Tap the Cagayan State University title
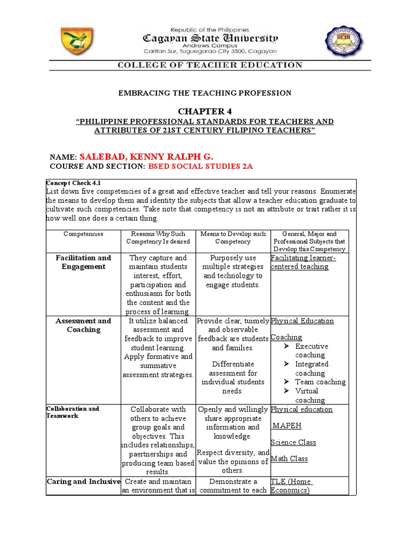pos(209,38)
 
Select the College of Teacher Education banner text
pos(210,65)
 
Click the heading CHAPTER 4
pos(205,111)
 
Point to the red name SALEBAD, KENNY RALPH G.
pos(146,157)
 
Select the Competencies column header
pos(83,234)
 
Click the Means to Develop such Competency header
pos(233,238)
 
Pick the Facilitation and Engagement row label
pos(83,262)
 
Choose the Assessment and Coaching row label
pos(83,325)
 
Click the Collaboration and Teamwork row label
pos(73,412)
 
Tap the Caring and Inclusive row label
pos(83,481)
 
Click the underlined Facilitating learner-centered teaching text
pos(299,262)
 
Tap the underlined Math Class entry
pos(289,458)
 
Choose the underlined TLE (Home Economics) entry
pos(291,486)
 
